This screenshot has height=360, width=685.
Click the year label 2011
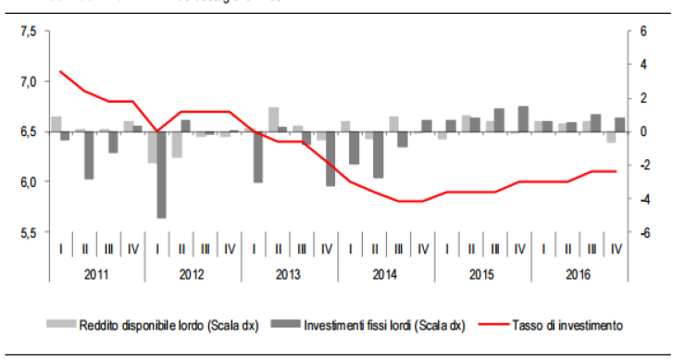tap(96, 275)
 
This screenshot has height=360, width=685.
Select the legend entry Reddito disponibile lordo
tap(154, 325)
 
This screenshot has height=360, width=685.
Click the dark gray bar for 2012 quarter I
tap(161, 175)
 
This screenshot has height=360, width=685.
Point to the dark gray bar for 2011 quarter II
tap(89, 155)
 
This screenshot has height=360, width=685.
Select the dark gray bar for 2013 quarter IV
tap(330, 159)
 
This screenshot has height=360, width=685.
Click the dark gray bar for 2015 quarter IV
tap(523, 118)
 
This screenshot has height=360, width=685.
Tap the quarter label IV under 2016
tap(616, 249)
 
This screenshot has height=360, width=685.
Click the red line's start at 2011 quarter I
tap(60, 71)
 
